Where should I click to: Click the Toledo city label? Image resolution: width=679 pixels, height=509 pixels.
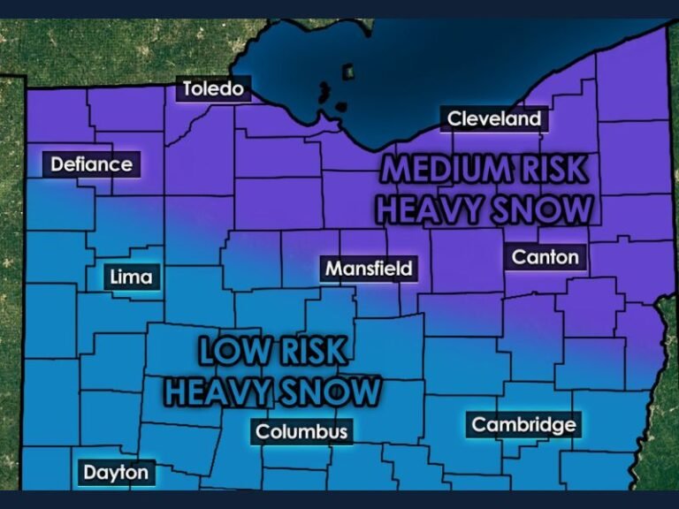(212, 88)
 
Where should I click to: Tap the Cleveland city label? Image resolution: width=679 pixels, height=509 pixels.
(493, 118)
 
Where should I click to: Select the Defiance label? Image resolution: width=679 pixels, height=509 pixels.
(91, 163)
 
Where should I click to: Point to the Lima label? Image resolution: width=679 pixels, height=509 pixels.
(131, 277)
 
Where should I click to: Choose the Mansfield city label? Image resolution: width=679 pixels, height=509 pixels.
(369, 268)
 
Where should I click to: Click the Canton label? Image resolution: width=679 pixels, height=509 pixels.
(545, 257)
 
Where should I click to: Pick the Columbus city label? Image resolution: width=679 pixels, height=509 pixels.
(301, 432)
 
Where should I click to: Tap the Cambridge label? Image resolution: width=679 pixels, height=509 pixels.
(523, 425)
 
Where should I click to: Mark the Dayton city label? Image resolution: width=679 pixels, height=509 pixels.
(116, 472)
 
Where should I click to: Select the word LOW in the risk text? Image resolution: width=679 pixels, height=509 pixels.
(232, 352)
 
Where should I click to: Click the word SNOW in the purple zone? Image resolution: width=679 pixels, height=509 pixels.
(541, 209)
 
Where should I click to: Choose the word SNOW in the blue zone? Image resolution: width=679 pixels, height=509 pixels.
(332, 391)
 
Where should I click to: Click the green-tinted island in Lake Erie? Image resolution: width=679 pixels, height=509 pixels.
(348, 70)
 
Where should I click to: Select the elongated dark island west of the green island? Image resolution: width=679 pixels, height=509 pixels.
(324, 92)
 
